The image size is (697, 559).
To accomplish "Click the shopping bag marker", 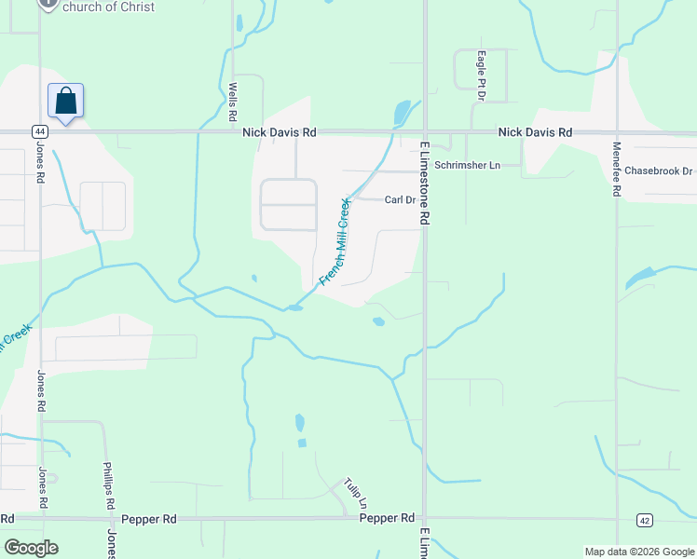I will pyautogui.click(x=66, y=100).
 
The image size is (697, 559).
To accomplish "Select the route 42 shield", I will pyautogui.click(x=644, y=519).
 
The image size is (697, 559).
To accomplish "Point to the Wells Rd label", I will pyautogui.click(x=234, y=102).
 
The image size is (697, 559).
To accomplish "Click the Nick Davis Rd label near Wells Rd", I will pyautogui.click(x=280, y=133).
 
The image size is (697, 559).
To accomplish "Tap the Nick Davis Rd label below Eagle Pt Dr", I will pyautogui.click(x=534, y=133).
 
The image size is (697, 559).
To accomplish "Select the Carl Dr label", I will pyautogui.click(x=399, y=199).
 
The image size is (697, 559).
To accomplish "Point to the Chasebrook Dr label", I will pyautogui.click(x=659, y=171).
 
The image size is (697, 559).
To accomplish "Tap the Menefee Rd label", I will pyautogui.click(x=616, y=170).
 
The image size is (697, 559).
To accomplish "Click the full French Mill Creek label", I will pyautogui.click(x=335, y=241).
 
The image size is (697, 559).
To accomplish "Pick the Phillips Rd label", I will pyautogui.click(x=108, y=484).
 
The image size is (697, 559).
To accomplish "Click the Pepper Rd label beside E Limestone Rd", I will pyautogui.click(x=387, y=518).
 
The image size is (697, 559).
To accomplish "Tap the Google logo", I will pyautogui.click(x=31, y=548).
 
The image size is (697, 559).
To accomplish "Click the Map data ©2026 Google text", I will pyautogui.click(x=638, y=552).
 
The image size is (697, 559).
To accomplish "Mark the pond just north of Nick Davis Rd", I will pyautogui.click(x=402, y=113).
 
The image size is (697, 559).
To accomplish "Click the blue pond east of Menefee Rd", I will pyautogui.click(x=641, y=278).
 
